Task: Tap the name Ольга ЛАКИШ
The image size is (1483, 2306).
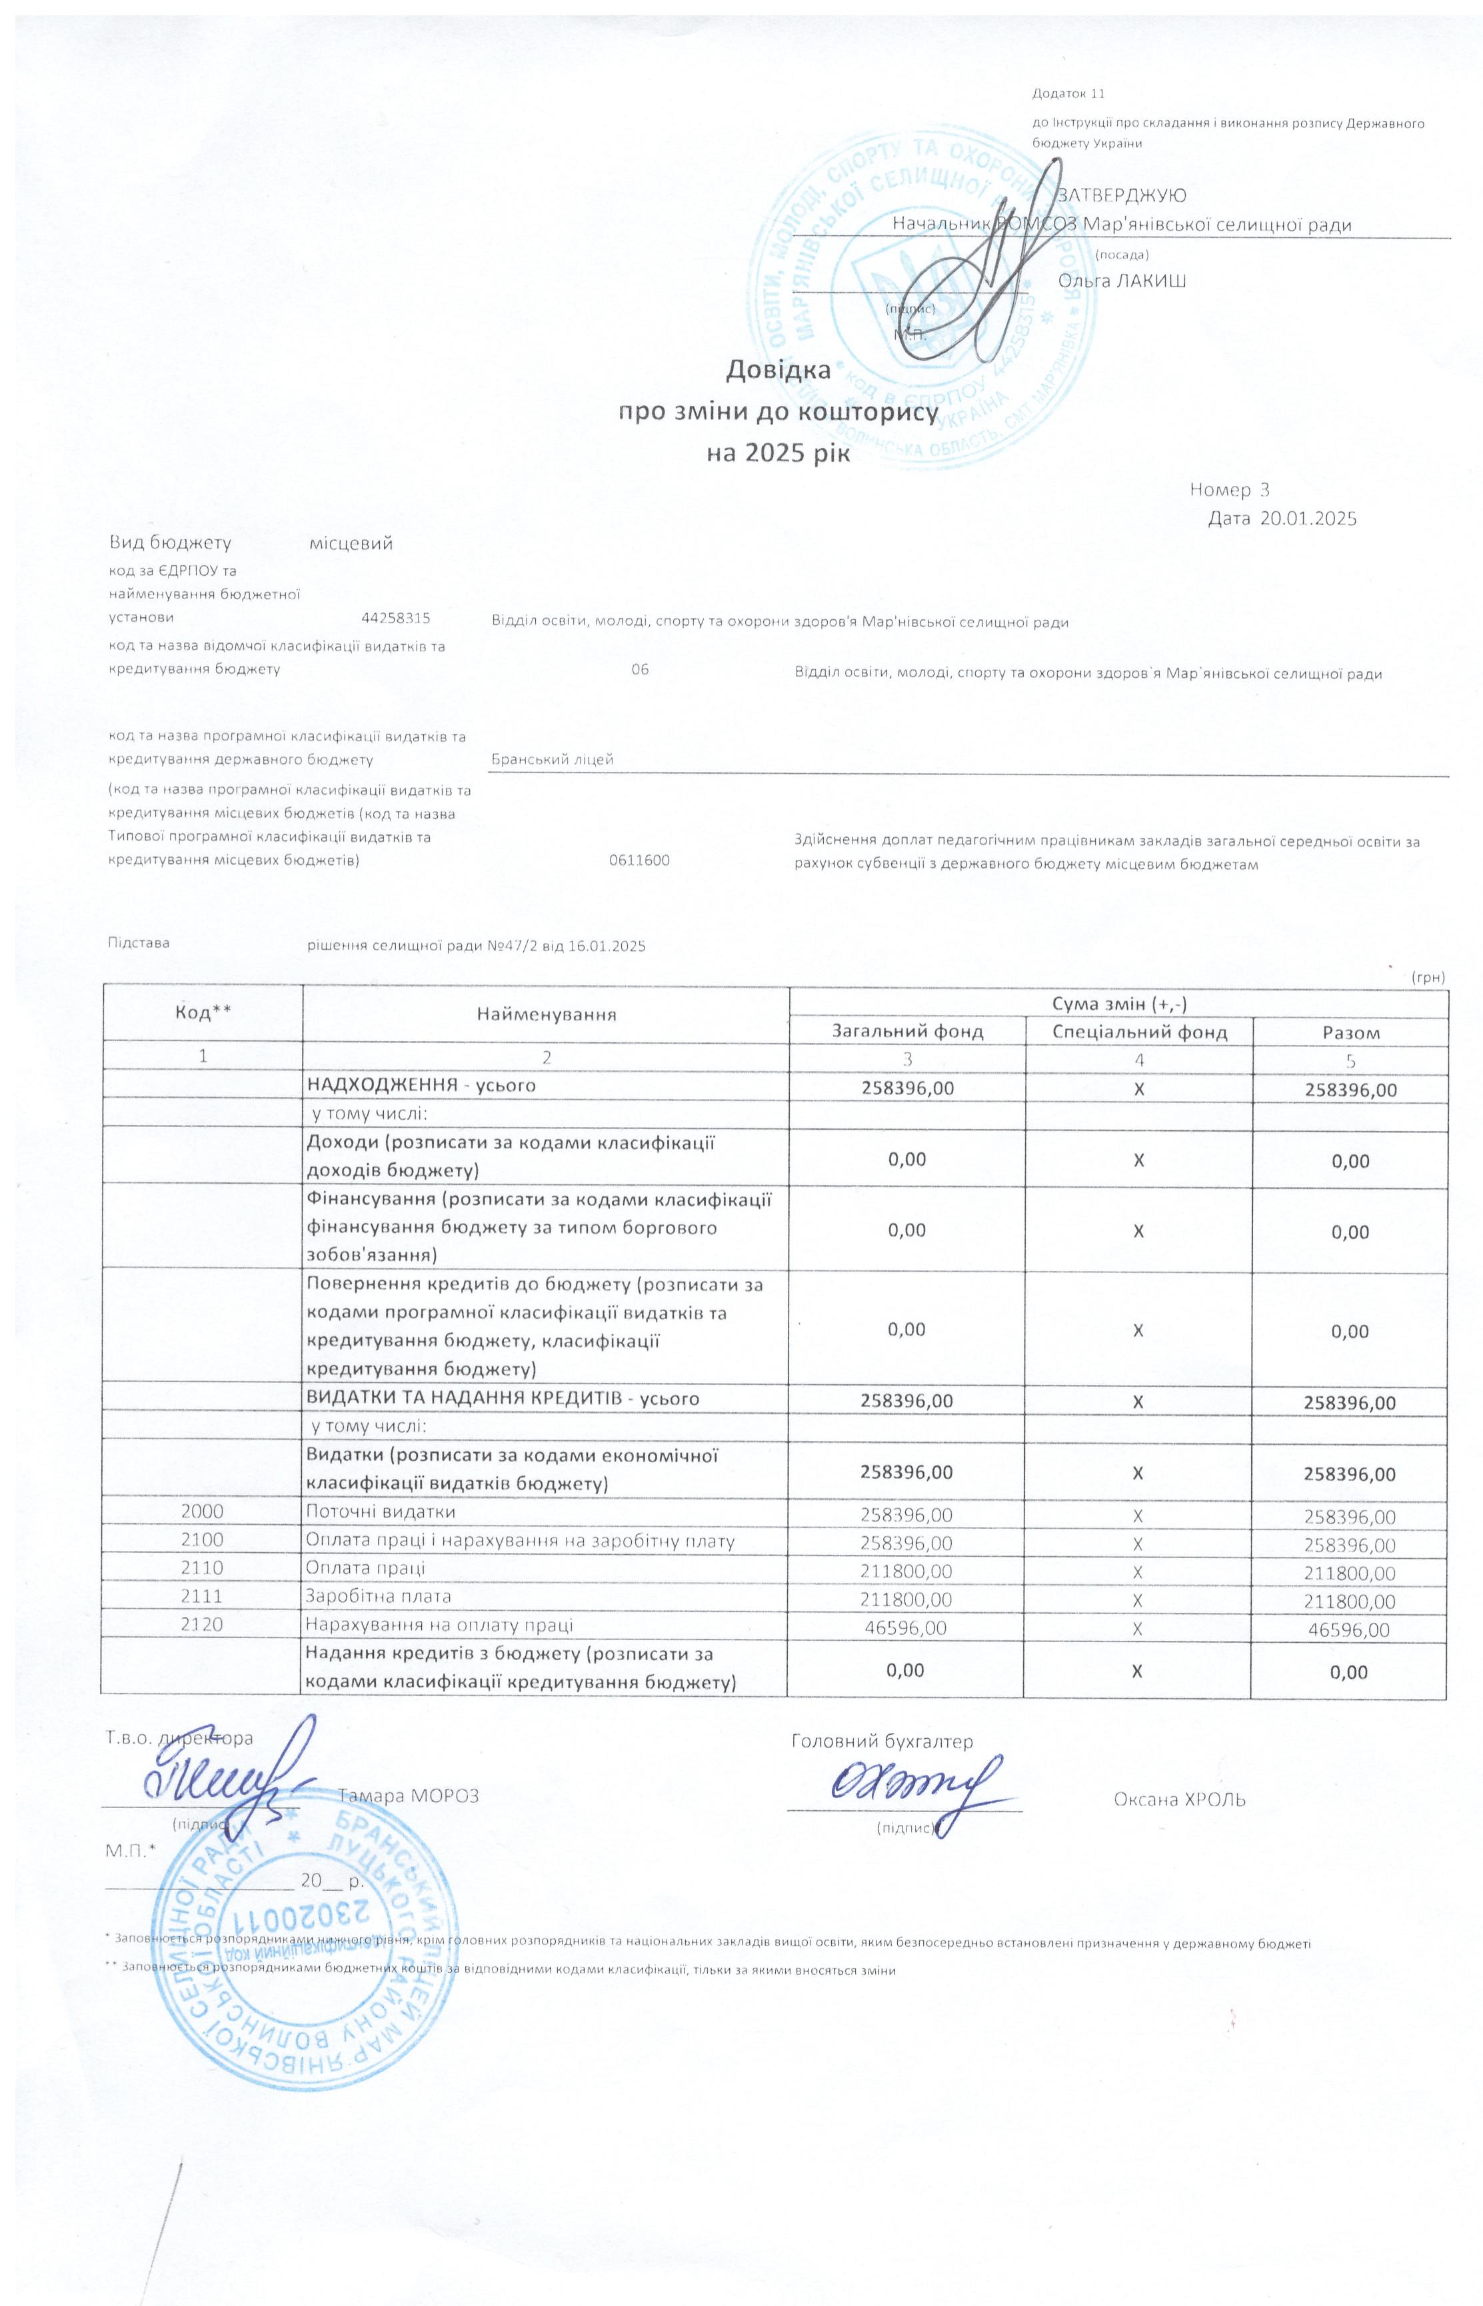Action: [x=1122, y=281]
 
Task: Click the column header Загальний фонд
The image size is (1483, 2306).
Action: [x=906, y=1032]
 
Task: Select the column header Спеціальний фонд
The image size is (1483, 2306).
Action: [x=1139, y=1032]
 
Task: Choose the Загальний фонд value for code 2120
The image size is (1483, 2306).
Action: [x=906, y=1628]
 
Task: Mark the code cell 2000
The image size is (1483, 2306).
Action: [x=202, y=1513]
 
